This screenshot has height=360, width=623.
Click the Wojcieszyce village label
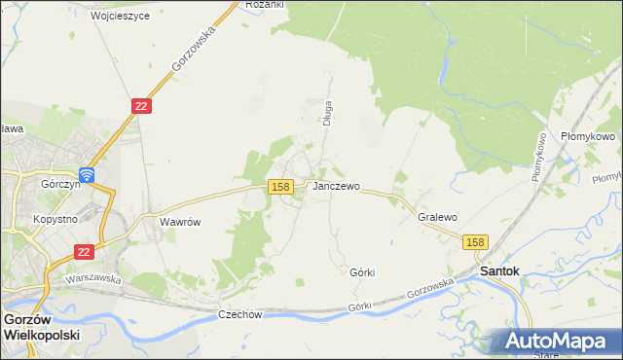click(121, 17)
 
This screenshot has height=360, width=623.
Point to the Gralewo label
click(437, 218)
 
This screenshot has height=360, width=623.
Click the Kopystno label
click(55, 219)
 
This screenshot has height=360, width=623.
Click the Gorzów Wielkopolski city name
click(42, 326)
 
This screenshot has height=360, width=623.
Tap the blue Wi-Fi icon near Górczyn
click(87, 175)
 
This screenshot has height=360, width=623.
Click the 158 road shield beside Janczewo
click(279, 186)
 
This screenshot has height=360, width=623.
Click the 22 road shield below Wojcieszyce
click(141, 106)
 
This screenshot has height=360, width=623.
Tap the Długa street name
click(328, 113)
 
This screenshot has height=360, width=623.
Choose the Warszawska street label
click(92, 278)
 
